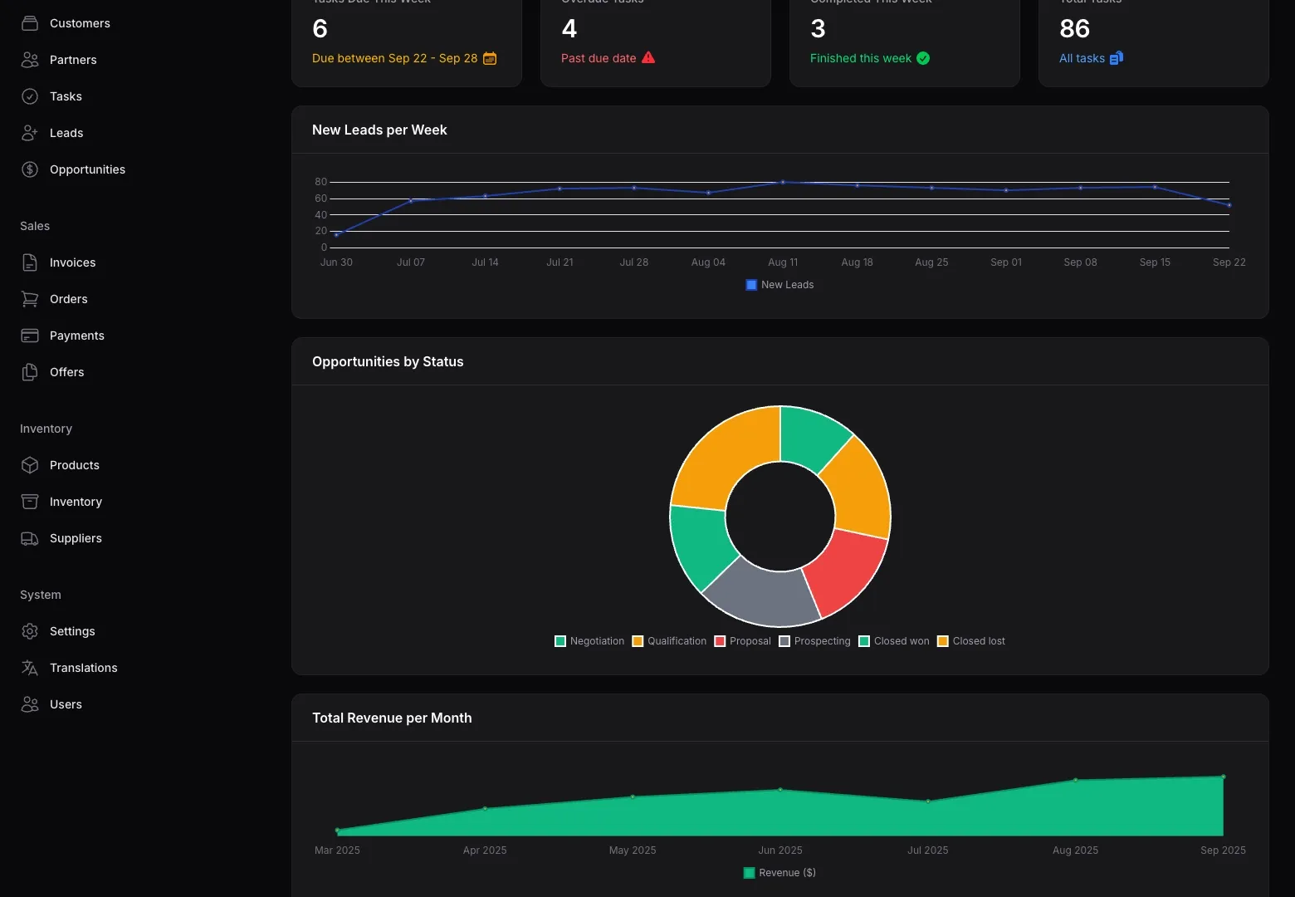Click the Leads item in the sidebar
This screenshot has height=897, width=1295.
(x=66, y=133)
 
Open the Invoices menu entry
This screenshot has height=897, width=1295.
(x=72, y=262)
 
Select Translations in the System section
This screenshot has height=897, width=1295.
(x=83, y=668)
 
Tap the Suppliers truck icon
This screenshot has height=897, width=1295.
(x=30, y=538)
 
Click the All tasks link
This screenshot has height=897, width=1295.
(x=1082, y=58)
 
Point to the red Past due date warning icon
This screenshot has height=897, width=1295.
(x=648, y=57)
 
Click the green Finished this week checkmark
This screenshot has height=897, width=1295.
(x=923, y=58)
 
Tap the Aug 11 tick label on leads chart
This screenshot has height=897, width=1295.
(x=782, y=262)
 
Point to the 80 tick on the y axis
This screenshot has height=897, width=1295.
(x=320, y=182)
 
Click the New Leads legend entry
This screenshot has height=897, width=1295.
(x=779, y=285)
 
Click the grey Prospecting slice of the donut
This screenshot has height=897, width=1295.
(x=760, y=596)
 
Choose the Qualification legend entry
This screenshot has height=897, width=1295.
(x=669, y=641)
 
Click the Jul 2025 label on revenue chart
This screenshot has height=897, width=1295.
(x=927, y=850)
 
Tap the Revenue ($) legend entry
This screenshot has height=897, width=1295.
(x=779, y=873)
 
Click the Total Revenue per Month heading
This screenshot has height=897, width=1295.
(x=392, y=718)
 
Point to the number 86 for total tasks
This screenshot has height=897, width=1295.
(x=1074, y=29)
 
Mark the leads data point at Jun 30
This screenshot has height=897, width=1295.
(x=336, y=235)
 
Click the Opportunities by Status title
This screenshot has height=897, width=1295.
(x=388, y=361)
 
